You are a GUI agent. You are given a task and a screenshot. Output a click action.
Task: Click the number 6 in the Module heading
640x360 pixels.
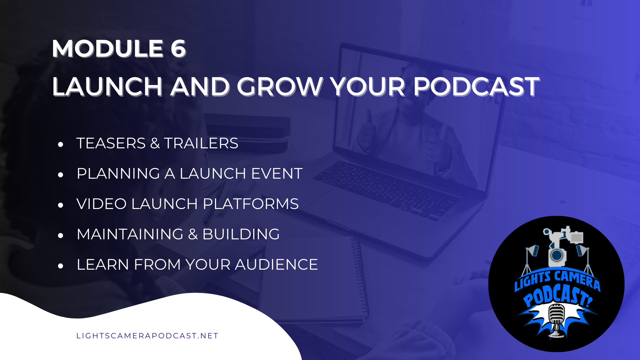pyautogui.click(x=178, y=49)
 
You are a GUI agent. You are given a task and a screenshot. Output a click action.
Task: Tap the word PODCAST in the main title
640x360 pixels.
pyautogui.click(x=476, y=87)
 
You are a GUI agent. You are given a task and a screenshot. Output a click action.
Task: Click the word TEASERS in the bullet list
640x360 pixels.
pyautogui.click(x=111, y=143)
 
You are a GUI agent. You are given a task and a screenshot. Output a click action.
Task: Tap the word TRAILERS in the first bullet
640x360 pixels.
pyautogui.click(x=201, y=143)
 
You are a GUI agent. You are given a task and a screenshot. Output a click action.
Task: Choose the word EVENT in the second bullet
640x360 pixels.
pyautogui.click(x=277, y=174)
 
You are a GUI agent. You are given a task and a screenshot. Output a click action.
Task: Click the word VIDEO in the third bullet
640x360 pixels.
pyautogui.click(x=101, y=204)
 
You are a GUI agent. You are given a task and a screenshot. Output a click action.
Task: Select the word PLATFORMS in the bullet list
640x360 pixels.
pyautogui.click(x=251, y=204)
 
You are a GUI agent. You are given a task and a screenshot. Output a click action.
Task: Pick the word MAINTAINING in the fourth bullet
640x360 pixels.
pyautogui.click(x=130, y=234)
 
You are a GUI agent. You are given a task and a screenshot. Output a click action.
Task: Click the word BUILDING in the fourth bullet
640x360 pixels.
pyautogui.click(x=241, y=234)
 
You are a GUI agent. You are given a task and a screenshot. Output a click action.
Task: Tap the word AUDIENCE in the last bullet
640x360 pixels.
pyautogui.click(x=276, y=265)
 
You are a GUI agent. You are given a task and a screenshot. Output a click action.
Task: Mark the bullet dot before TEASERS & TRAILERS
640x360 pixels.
pyautogui.click(x=60, y=144)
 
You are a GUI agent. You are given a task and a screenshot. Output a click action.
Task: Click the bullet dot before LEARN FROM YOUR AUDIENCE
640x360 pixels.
pyautogui.click(x=60, y=266)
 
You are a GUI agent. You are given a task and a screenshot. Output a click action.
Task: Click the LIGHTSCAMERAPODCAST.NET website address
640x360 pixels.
pyautogui.click(x=147, y=336)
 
